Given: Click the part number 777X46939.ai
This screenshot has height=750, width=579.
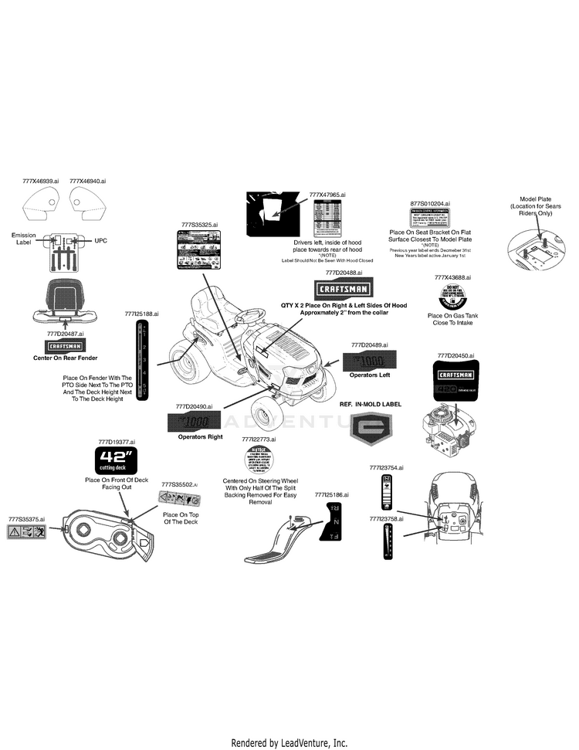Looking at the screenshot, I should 40,181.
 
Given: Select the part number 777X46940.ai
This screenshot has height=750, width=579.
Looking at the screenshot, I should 87,181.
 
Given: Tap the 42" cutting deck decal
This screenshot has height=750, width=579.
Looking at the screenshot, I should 116,461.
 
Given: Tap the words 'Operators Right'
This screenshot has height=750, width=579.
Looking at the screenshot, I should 200,437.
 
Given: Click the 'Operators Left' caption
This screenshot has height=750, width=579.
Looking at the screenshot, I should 370,375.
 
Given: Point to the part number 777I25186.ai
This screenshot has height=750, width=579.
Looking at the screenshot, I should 332,494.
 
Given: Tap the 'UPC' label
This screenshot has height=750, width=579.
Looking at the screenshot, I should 100,241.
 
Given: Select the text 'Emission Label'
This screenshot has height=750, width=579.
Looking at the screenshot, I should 25,239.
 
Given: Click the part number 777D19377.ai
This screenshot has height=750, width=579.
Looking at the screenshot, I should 117,442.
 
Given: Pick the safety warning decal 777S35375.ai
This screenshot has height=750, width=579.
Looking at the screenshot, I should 27,532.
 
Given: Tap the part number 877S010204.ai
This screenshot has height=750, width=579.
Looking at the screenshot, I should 430,203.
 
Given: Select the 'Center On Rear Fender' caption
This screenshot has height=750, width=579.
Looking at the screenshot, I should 65,358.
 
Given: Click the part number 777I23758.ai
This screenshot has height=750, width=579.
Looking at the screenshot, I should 387,519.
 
